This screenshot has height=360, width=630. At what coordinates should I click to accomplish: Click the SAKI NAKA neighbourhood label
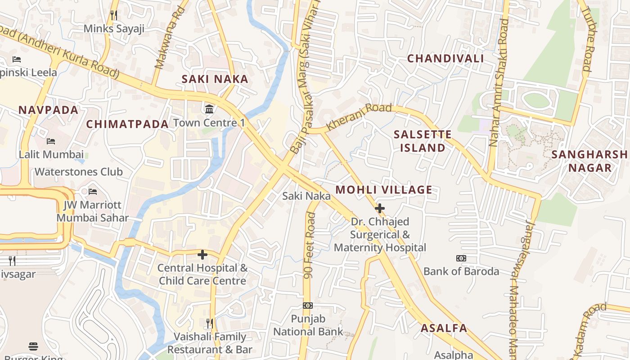tap(215, 79)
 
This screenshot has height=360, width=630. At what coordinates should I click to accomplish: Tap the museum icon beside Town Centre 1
tap(209, 109)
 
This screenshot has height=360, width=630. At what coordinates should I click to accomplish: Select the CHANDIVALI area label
tap(445, 58)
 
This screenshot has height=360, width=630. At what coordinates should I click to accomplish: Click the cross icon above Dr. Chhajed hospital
tap(380, 208)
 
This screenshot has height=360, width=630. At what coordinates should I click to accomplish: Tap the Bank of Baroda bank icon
tap(461, 258)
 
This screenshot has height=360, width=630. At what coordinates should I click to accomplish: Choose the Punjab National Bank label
tap(308, 325)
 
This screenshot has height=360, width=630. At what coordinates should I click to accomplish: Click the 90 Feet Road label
tap(309, 245)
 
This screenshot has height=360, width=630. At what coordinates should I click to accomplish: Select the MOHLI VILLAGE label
tap(383, 190)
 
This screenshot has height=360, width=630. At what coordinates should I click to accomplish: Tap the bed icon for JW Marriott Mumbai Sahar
tap(93, 192)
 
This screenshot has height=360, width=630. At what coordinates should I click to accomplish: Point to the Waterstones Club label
tap(79, 172)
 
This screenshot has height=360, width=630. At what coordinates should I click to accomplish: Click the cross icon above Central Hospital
tap(202, 255)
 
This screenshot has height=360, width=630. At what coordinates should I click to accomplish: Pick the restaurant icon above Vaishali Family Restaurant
tap(210, 323)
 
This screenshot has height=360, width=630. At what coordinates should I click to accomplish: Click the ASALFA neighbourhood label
tap(444, 328)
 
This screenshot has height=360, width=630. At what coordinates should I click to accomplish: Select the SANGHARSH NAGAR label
tap(589, 161)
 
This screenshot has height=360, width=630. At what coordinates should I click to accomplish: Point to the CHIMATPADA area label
tap(127, 124)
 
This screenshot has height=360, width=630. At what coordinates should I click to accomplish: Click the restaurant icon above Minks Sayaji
tap(114, 15)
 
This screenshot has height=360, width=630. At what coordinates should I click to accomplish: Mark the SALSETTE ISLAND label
tap(422, 141)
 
